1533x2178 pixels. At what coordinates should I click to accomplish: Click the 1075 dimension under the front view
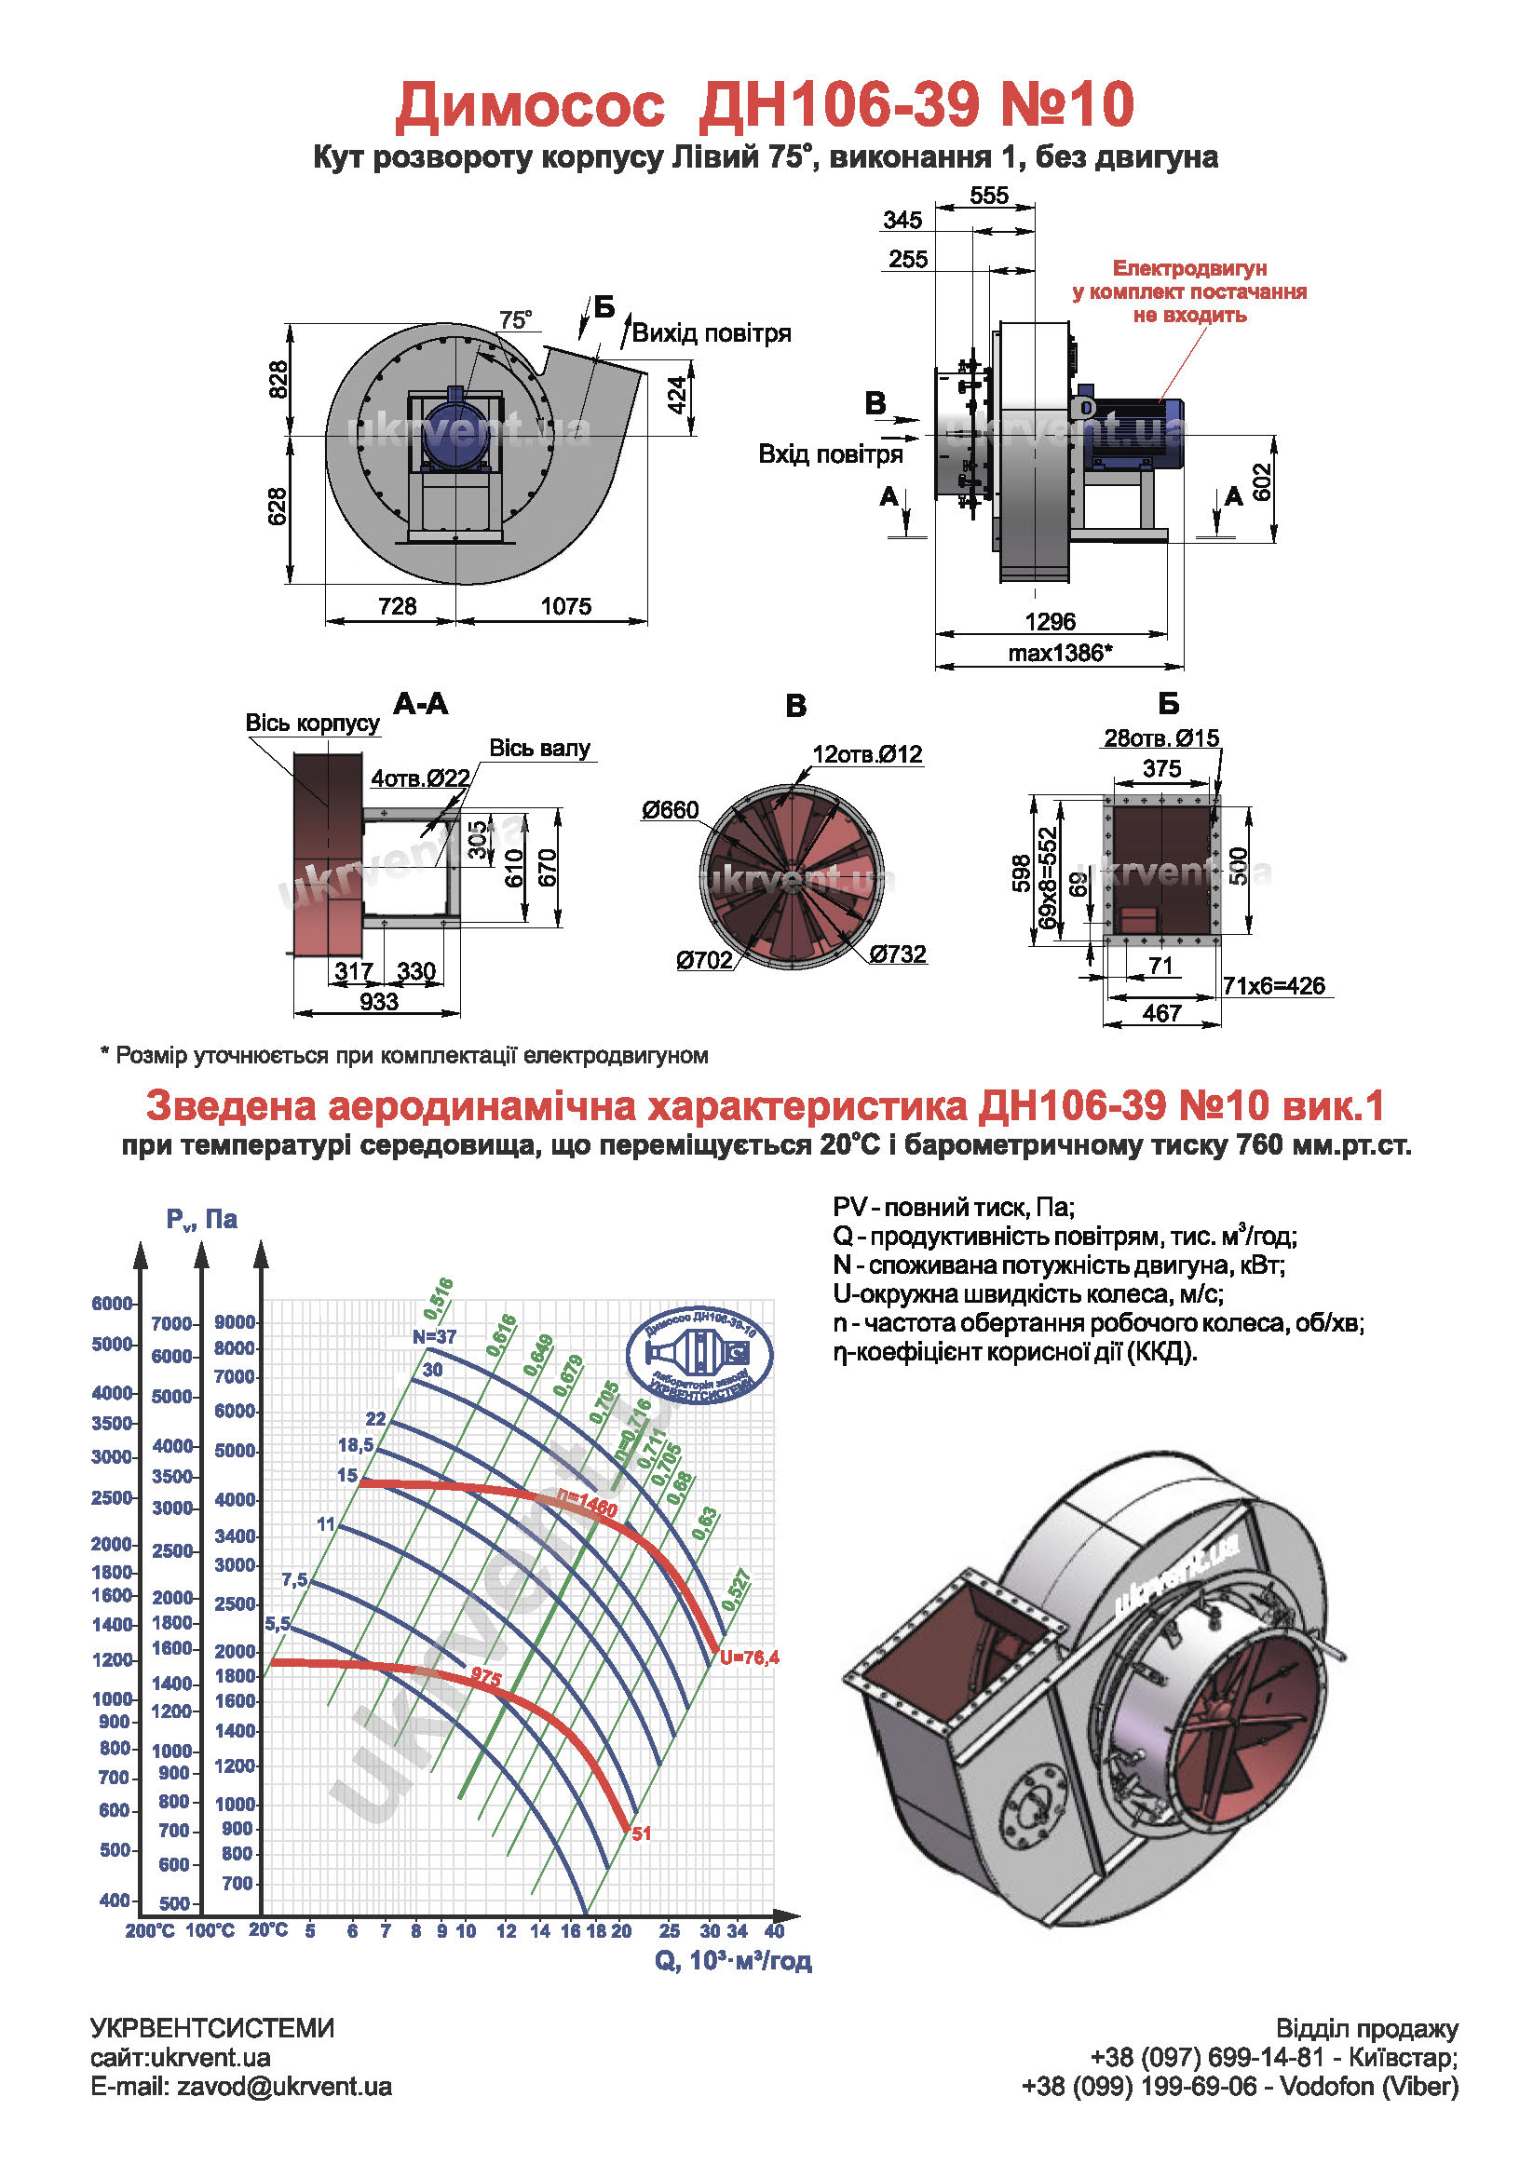point(565,605)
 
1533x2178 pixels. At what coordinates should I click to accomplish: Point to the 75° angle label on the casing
point(515,320)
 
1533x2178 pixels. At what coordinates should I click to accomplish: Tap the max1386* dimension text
point(1059,653)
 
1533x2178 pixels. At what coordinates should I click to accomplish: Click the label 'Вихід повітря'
point(711,333)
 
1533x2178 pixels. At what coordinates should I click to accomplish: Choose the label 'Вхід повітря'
point(829,454)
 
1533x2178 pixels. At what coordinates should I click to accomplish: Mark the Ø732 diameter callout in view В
point(897,954)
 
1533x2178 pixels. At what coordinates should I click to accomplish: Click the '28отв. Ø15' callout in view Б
point(1160,737)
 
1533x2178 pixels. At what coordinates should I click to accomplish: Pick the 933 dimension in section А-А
point(377,1002)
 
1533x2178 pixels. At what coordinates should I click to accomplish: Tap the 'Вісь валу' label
point(539,748)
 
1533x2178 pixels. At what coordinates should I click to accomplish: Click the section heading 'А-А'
point(420,704)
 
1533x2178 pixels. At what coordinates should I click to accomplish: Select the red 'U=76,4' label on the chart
point(749,1657)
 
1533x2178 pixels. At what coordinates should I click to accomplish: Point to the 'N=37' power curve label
point(435,1336)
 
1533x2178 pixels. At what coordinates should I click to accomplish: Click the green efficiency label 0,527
point(736,1590)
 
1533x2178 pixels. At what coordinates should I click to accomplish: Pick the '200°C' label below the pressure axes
point(150,1930)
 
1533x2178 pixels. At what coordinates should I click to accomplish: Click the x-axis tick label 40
point(774,1930)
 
